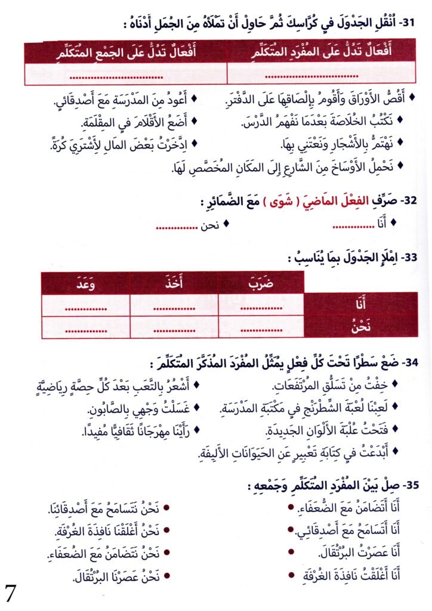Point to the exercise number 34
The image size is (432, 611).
(409, 362)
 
